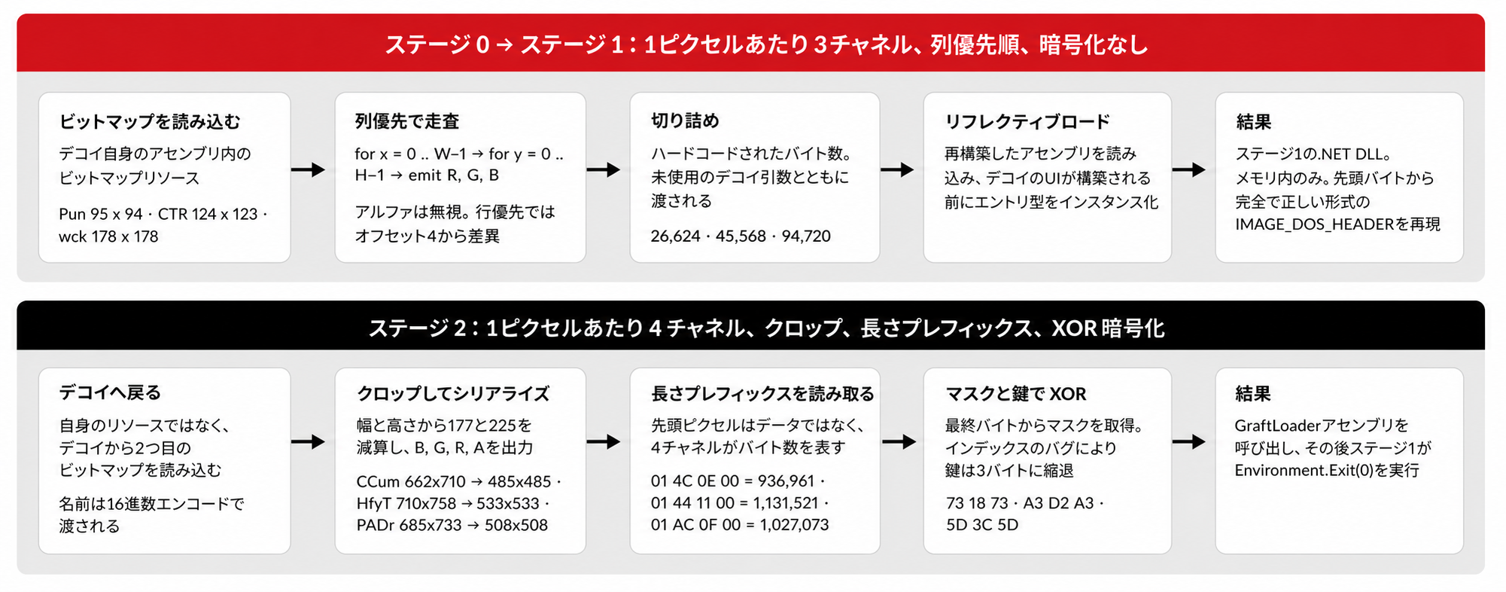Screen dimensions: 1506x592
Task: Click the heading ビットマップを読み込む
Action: click(x=150, y=121)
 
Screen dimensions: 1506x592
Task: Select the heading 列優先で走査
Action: click(x=407, y=121)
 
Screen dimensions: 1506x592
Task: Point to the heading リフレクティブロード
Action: click(x=1027, y=121)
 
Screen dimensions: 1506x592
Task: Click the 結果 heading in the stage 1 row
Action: click(x=1253, y=121)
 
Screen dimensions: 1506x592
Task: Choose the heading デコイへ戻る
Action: click(x=110, y=392)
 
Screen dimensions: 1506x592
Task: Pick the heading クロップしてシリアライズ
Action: click(x=453, y=393)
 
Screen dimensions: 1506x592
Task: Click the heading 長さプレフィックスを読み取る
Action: click(x=762, y=393)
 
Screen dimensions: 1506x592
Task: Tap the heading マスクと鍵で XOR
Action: click(x=1016, y=394)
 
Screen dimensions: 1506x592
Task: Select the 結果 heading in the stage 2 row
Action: click(x=1253, y=393)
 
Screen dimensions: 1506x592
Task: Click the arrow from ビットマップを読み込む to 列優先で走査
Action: click(x=308, y=170)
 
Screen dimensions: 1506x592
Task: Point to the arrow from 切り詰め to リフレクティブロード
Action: click(x=897, y=170)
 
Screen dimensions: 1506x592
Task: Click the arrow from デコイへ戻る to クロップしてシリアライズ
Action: click(x=308, y=441)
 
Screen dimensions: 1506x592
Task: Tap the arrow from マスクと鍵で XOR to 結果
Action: click(x=1189, y=441)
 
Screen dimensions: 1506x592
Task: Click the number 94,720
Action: click(x=806, y=236)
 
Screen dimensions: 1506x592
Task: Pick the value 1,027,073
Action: click(x=794, y=525)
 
